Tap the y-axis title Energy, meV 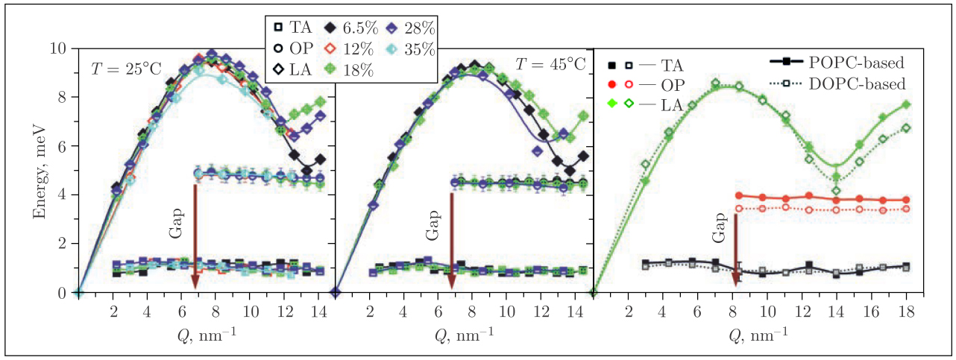pos(39,169)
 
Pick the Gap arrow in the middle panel pos(451,239)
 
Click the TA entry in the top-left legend pos(292,29)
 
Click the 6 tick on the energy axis pos(64,146)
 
